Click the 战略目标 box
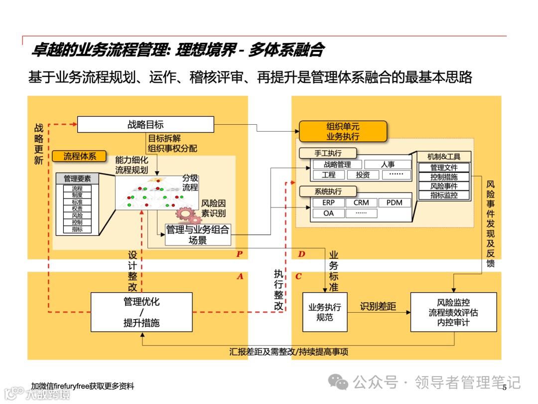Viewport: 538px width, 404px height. point(145,124)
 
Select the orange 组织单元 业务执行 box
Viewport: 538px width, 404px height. point(343,131)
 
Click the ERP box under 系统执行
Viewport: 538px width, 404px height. point(328,202)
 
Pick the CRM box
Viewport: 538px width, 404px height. point(361,202)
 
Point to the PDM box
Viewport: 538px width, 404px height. point(394,202)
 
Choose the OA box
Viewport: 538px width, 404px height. point(328,213)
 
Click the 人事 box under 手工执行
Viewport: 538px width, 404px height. point(388,164)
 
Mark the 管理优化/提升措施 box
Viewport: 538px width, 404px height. point(141,312)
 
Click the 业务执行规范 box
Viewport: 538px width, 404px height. point(325,312)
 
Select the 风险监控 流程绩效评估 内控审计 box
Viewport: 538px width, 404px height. point(453,312)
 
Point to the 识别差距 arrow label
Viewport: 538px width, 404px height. point(378,306)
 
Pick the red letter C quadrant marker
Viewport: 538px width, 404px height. point(298,276)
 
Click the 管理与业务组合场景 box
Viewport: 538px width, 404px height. point(198,234)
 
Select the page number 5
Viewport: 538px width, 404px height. point(504,388)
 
